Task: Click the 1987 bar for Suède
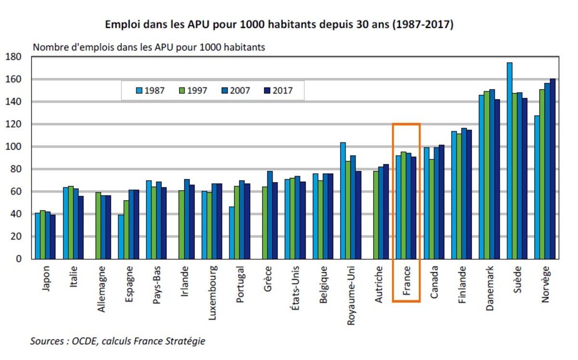[510, 161]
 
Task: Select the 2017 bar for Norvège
[553, 168]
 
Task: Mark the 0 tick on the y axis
[21, 259]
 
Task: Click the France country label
[407, 282]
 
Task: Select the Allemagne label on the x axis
[102, 288]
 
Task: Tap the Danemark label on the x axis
[490, 288]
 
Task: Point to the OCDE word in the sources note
[84, 341]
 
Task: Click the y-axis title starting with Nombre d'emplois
[148, 48]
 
